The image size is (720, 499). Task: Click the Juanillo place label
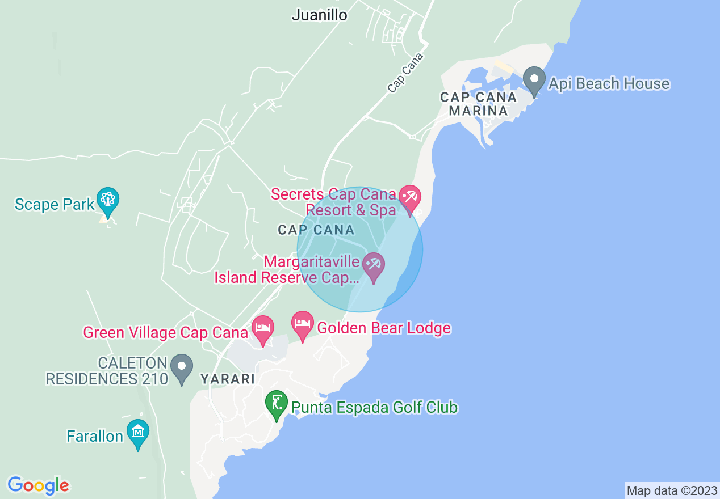coord(319,15)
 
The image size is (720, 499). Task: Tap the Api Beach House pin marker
coord(534,80)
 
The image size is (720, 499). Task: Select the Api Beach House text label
coord(609,84)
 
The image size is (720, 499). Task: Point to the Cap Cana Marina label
coord(479,104)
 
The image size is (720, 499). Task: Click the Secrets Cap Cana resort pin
coord(409,198)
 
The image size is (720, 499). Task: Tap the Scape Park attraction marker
coord(107,201)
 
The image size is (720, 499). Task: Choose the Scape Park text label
coord(55,204)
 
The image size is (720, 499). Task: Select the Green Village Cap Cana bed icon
coord(263,328)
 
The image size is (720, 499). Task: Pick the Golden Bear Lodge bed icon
coord(303,324)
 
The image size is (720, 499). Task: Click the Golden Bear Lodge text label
coord(384,328)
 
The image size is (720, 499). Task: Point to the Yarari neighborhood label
coord(227,379)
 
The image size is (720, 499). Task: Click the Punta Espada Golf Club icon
coord(277,404)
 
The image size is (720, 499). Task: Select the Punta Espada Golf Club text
coord(374,407)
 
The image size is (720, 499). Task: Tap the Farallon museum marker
coord(137,433)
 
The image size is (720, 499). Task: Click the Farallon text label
coord(95,436)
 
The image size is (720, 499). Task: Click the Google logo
coord(38,485)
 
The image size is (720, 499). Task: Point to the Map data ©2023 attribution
coord(671,490)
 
